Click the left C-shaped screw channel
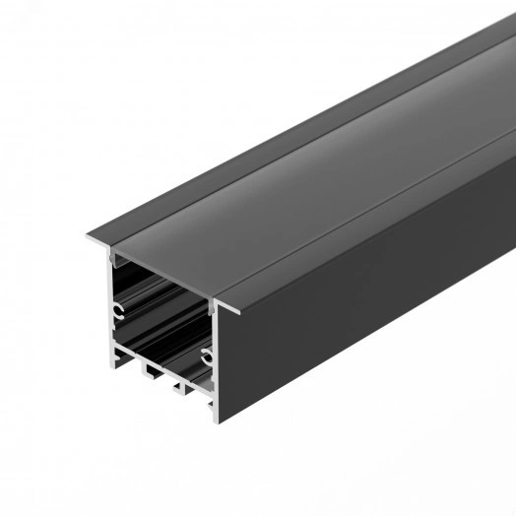point(118,312)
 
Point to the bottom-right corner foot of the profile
point(212,406)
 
